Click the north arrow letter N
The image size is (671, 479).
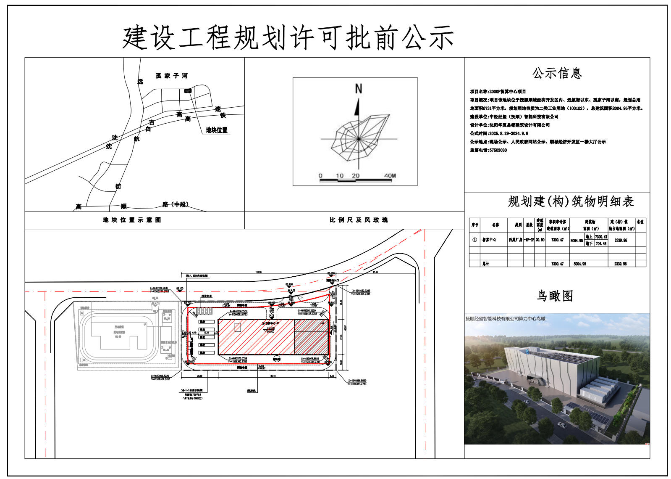pos(358,89)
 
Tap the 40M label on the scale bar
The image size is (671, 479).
pos(390,176)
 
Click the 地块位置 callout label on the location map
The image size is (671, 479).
pos(217,130)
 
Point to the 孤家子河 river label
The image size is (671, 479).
pos(171,76)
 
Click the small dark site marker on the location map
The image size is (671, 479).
pos(188,90)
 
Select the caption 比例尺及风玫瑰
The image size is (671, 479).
pos(358,220)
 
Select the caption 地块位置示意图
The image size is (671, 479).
pos(132,220)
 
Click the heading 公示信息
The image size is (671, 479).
pos(557,73)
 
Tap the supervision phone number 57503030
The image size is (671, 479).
pos(498,150)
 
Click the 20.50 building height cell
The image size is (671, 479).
pos(540,240)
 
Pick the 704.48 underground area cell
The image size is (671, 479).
pos(601,243)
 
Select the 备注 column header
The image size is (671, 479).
pos(640,222)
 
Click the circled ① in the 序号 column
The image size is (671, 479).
pos(474,240)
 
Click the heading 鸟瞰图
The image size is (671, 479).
pos(555,296)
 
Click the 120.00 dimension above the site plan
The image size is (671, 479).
pos(258,273)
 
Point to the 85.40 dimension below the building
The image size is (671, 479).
pos(273,376)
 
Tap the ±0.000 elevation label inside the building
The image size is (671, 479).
pos(270,328)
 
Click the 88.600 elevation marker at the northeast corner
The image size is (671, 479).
pos(331,273)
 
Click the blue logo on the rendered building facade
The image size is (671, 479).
pos(527,351)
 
